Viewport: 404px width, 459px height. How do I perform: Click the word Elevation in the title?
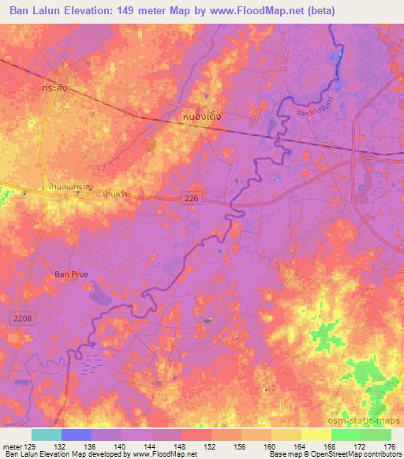(95, 11)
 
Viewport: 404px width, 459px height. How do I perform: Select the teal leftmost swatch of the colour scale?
(47, 435)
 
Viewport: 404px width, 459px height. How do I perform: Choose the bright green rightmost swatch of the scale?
(376, 435)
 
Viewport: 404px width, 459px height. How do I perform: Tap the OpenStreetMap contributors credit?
(347, 455)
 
